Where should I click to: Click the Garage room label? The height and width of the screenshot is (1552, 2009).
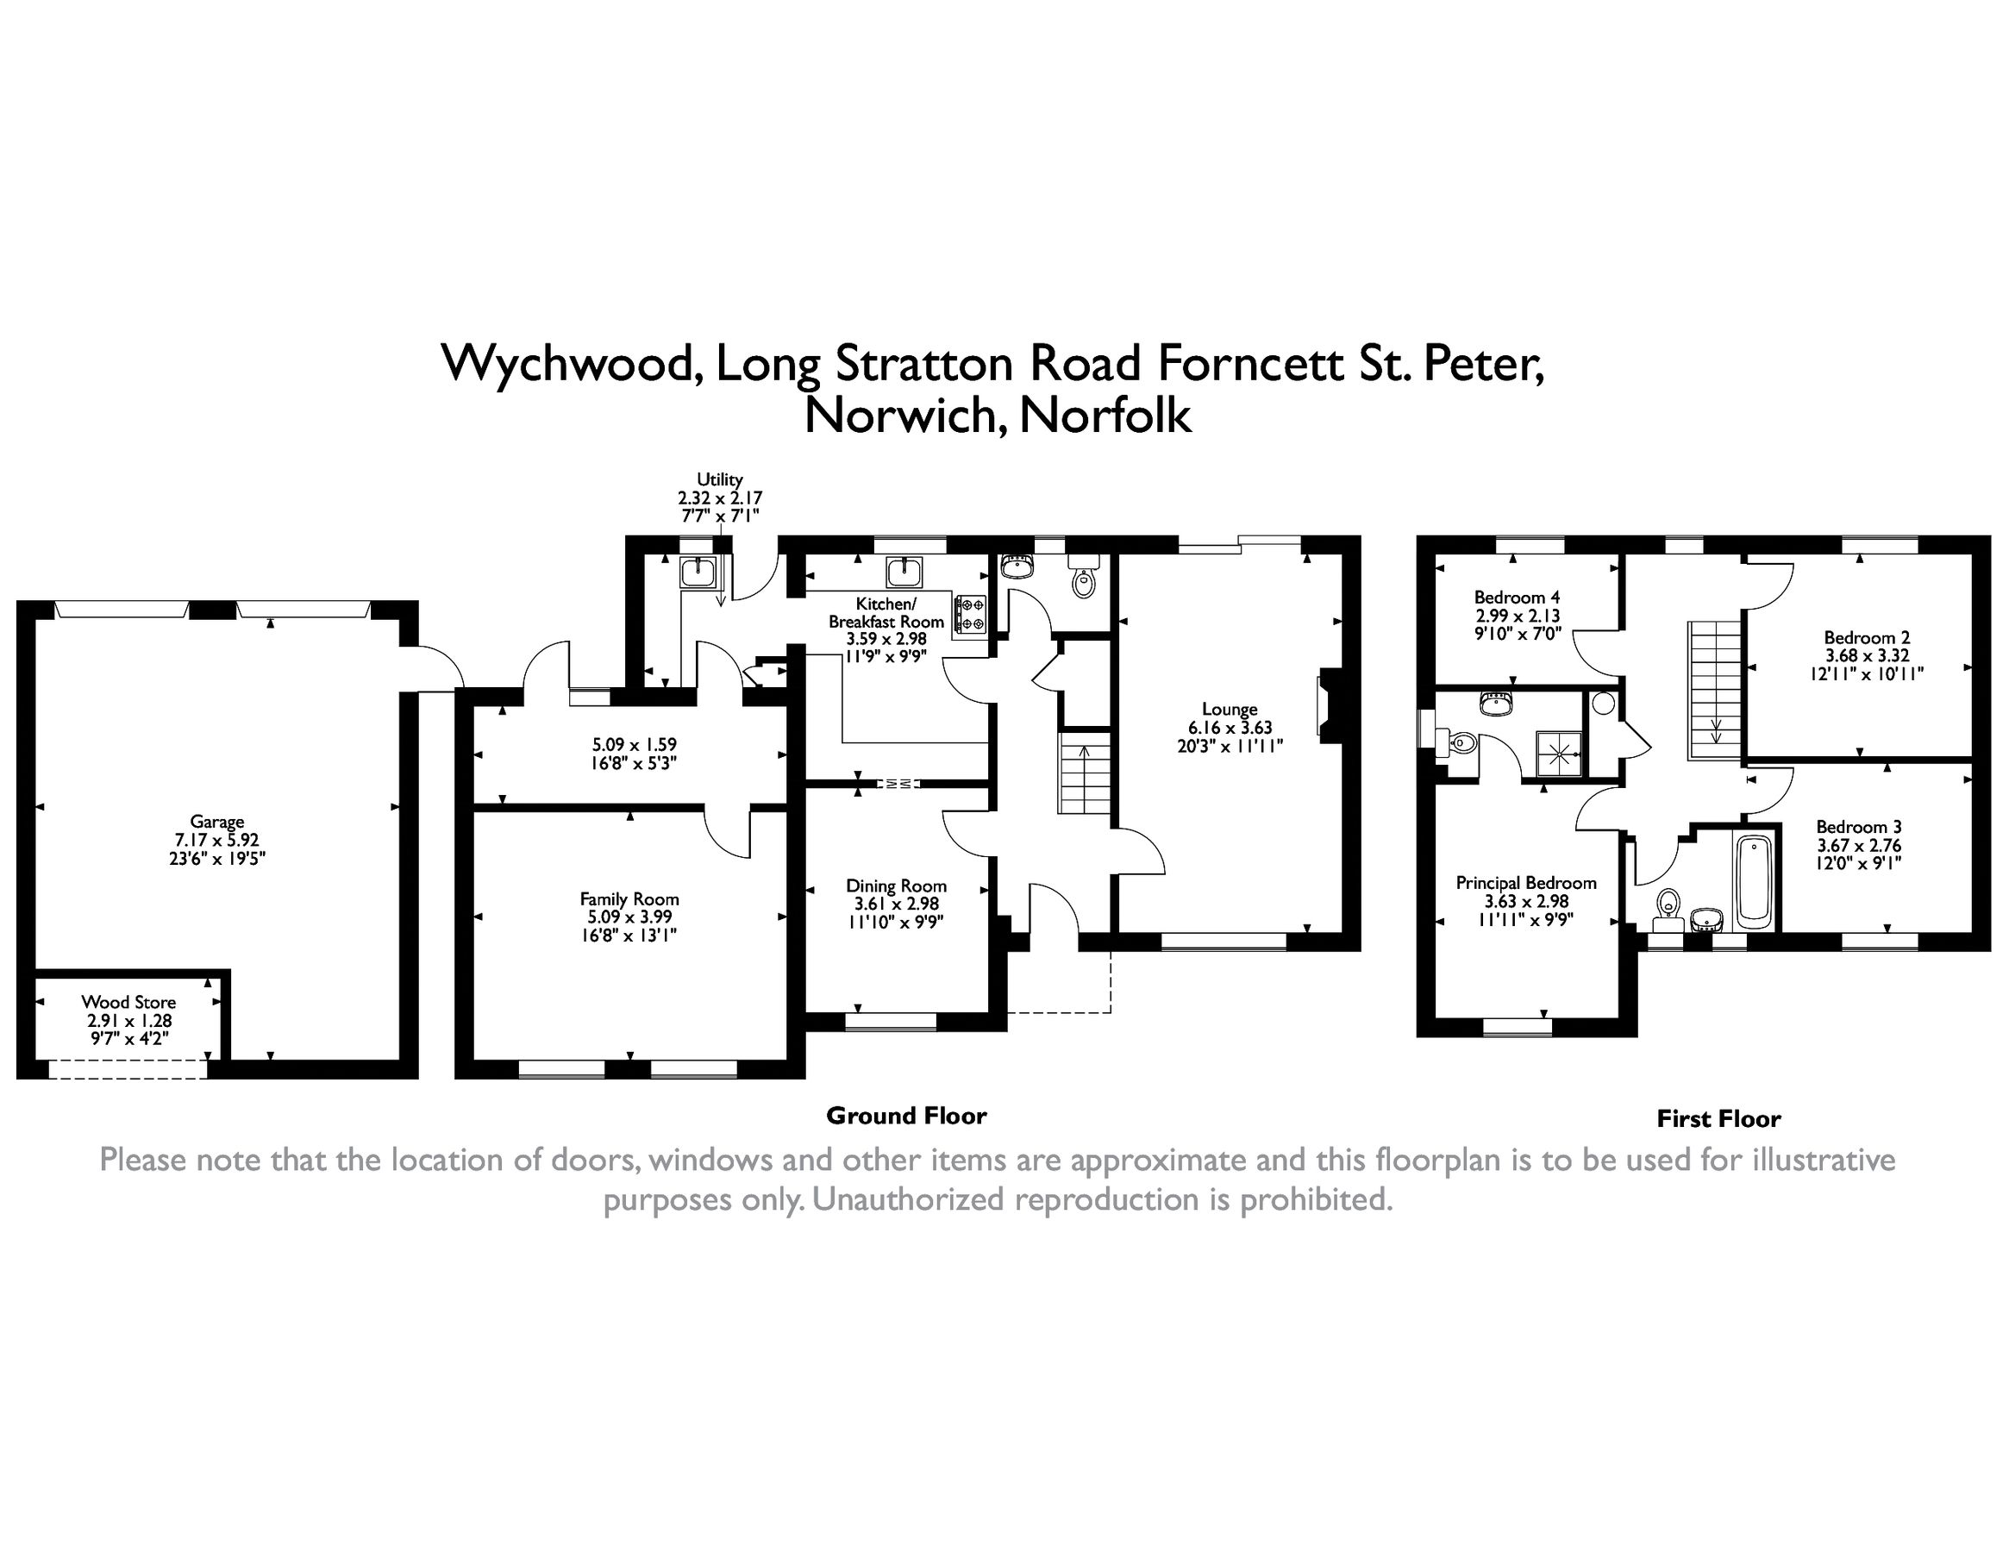217,822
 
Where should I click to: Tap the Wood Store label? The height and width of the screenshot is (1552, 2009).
128,1002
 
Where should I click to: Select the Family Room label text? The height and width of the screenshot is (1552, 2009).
629,898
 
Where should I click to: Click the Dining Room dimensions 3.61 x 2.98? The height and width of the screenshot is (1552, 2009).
896,904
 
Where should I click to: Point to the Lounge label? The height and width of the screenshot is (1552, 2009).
1229,710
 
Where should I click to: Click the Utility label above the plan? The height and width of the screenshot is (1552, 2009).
719,479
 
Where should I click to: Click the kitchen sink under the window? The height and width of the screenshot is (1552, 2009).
904,573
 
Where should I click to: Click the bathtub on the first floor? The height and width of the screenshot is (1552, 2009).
1754,879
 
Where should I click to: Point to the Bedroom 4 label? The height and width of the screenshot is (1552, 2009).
1517,597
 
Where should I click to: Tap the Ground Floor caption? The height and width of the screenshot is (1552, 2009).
906,1116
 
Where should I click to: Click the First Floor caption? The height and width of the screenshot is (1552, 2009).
1718,1118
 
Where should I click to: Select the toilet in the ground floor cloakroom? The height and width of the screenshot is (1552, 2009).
1084,581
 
